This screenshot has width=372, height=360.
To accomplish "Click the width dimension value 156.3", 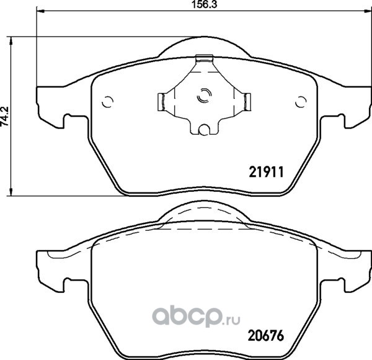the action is click(x=204, y=4).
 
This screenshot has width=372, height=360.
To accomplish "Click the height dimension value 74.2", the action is click(x=5, y=116).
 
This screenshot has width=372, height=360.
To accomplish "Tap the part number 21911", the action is click(x=266, y=172).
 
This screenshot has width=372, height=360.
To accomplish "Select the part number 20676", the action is click(x=266, y=336).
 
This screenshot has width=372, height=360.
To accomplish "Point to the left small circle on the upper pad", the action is click(x=107, y=102).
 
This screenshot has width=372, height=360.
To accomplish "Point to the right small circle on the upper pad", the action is click(x=301, y=102).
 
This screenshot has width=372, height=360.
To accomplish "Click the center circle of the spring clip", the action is click(x=204, y=96).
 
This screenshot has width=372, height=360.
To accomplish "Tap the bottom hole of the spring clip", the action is click(x=203, y=130).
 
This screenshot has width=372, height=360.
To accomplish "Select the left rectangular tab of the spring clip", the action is click(x=161, y=102).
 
